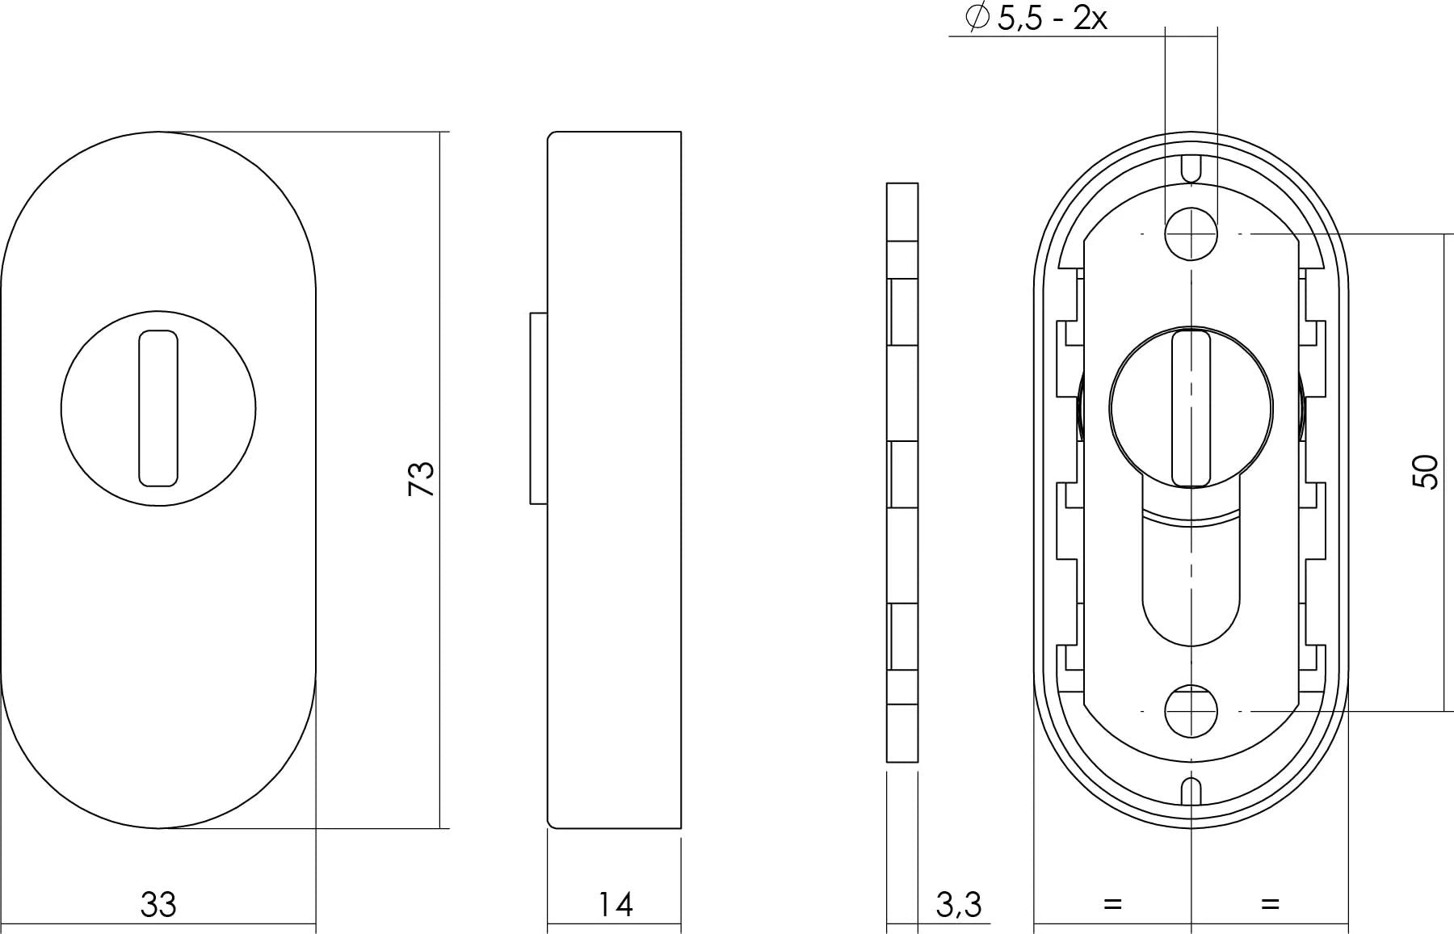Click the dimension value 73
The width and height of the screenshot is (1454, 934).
tap(422, 478)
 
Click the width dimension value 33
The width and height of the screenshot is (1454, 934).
tap(158, 904)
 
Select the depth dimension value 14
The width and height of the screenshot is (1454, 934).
tap(615, 904)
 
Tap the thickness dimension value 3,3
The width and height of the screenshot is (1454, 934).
tap(958, 904)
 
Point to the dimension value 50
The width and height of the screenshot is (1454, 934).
tap(1426, 472)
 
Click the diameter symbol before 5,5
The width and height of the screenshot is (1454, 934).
tap(977, 17)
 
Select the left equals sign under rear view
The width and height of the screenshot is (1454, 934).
tap(1112, 903)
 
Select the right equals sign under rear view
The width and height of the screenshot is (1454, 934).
tap(1270, 903)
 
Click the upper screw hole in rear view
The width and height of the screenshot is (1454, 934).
tap(1191, 234)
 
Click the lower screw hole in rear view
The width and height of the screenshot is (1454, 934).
tap(1191, 711)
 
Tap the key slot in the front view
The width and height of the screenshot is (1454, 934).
tap(158, 409)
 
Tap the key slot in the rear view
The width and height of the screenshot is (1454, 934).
tap(1191, 409)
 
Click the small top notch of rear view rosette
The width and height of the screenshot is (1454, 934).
tap(1191, 169)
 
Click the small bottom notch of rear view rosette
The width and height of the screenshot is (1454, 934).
tap(1191, 792)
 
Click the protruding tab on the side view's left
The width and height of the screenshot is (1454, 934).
tap(538, 409)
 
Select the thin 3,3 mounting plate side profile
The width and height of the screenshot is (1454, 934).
tap(902, 472)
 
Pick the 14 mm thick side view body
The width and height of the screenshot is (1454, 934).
tap(614, 480)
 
